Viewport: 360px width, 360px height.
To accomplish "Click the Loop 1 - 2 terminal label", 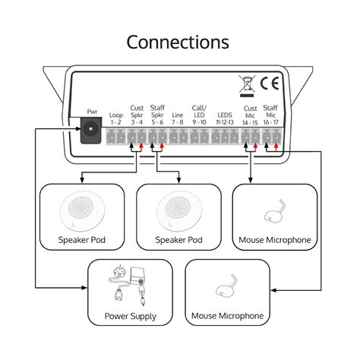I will click(x=115, y=118).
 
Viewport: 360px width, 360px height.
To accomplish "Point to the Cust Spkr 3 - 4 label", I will click(x=137, y=114).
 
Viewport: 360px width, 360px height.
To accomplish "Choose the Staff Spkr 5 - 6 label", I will click(x=157, y=114).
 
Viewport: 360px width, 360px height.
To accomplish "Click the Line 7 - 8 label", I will click(x=178, y=118).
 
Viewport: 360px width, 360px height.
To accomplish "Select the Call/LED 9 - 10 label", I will click(x=199, y=114).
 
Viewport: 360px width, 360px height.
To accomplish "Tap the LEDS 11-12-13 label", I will click(x=225, y=118).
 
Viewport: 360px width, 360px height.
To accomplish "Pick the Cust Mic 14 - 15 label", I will click(x=250, y=114).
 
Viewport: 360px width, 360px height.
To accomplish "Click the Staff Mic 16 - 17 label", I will click(x=271, y=114).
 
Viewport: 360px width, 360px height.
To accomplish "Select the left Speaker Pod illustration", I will click(x=83, y=211).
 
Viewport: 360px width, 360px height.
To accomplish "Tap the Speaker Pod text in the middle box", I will click(x=179, y=240).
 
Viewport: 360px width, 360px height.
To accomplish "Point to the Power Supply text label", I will click(x=131, y=316).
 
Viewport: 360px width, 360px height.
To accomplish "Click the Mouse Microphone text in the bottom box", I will click(x=228, y=316).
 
